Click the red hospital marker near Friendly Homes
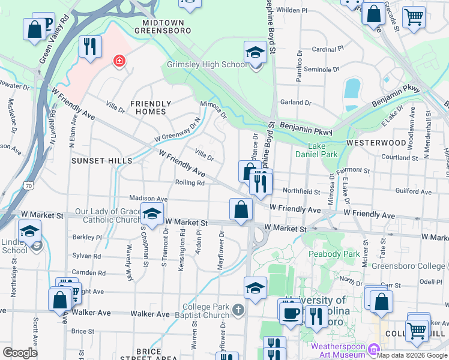(119, 61)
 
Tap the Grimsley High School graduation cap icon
(255, 52)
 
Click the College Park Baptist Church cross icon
(238, 310)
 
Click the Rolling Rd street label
(190, 182)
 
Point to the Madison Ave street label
(148, 199)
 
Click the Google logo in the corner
(20, 353)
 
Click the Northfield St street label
(301, 191)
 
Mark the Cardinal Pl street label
(327, 49)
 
